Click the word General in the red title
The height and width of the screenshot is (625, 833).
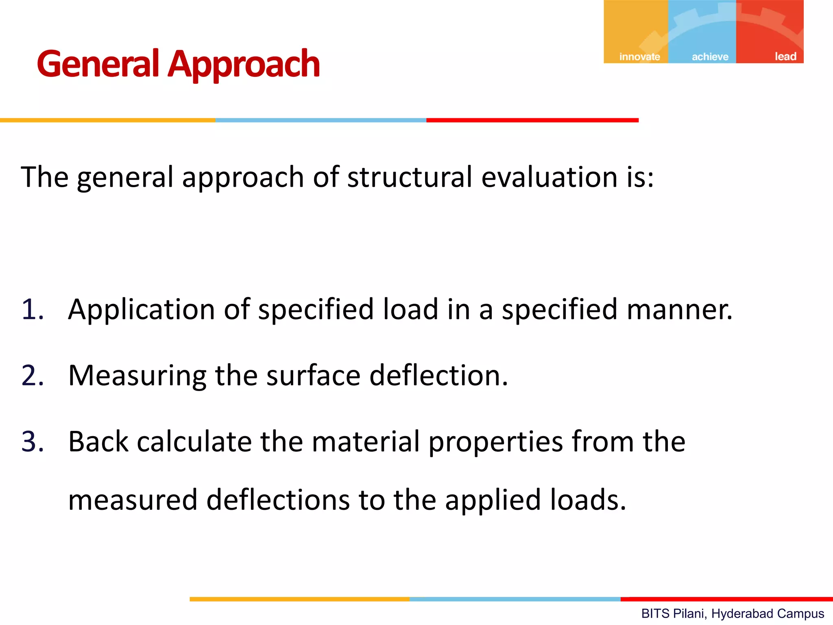[98, 64]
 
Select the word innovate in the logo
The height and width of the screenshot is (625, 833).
[639, 57]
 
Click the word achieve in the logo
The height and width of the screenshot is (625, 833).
[710, 57]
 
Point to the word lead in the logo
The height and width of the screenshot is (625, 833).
[785, 57]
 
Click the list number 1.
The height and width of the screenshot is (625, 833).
[33, 309]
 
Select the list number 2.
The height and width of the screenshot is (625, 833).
[33, 375]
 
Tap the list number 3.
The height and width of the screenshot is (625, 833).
[33, 441]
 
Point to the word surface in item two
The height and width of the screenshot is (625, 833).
[313, 375]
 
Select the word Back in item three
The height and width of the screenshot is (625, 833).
[98, 441]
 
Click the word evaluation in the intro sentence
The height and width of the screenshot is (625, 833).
[550, 177]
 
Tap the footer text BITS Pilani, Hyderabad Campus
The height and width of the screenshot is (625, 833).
[733, 613]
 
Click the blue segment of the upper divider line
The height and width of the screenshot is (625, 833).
[321, 120]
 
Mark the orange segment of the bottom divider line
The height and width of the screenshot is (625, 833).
[299, 599]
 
